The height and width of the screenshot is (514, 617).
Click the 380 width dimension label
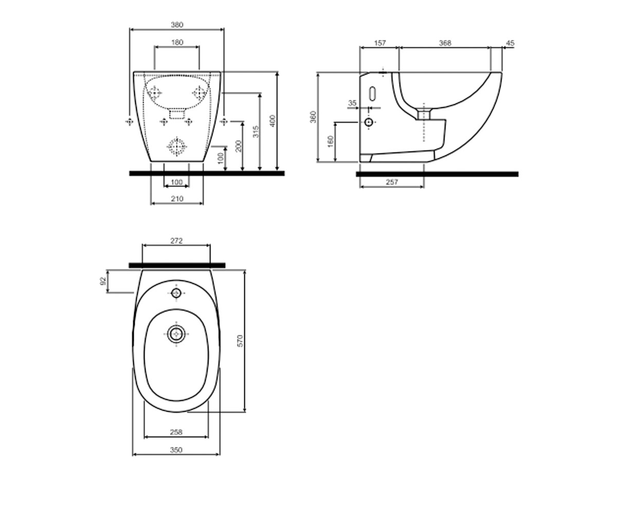177,25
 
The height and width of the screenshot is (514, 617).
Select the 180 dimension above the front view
177,43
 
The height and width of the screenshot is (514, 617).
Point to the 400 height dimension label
273,121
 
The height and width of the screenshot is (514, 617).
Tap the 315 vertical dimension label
256,132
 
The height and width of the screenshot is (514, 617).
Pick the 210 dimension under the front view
177,199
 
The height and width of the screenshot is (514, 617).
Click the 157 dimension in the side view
380,43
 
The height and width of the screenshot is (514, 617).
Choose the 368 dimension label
445,43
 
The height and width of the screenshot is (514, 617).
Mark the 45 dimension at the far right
511,43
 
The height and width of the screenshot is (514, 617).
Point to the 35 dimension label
353,103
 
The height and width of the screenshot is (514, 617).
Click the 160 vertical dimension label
331,141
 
